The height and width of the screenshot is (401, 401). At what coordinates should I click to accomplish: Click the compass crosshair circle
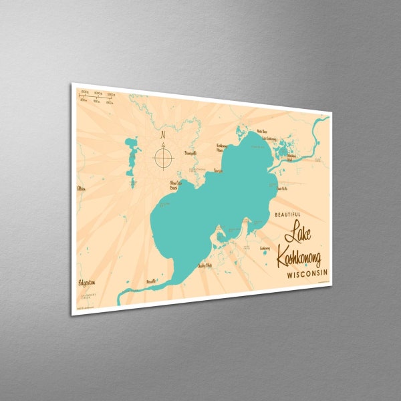164,159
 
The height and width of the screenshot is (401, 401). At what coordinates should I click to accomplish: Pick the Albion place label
81,188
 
